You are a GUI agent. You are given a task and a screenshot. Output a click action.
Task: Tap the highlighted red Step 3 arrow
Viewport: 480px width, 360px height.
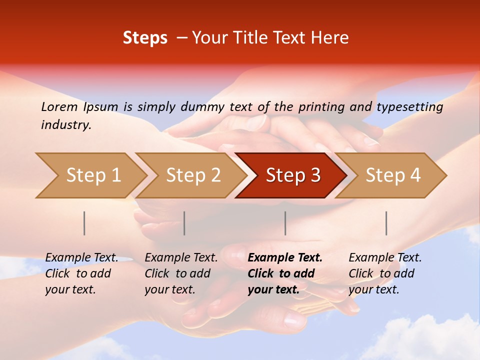(x=293, y=175)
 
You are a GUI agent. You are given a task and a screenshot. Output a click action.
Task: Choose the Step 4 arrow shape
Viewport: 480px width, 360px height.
(x=393, y=175)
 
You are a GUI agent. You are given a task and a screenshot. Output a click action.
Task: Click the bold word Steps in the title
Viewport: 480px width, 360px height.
(x=145, y=38)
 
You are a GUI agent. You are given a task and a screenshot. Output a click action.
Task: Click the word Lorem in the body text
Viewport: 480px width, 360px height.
(x=59, y=106)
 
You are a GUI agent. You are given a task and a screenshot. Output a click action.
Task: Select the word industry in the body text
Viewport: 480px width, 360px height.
(x=65, y=125)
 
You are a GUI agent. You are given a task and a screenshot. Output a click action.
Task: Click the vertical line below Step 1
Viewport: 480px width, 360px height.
(x=84, y=223)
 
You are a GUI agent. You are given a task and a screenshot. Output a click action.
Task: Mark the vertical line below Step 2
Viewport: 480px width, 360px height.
(x=184, y=223)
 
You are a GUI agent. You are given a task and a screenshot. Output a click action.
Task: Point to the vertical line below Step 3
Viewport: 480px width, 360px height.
(x=285, y=223)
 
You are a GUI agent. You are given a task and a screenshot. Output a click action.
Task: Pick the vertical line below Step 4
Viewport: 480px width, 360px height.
(x=386, y=223)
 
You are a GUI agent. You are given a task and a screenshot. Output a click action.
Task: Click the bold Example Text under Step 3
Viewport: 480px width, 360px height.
(x=285, y=258)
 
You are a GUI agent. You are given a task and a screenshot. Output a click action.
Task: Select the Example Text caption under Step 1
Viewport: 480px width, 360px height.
(x=81, y=258)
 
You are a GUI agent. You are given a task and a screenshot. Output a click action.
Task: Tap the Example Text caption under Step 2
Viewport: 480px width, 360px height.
(x=181, y=258)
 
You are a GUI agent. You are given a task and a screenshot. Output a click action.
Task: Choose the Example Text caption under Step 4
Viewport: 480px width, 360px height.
(x=385, y=258)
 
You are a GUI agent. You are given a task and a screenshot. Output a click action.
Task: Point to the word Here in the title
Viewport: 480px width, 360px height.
(x=329, y=38)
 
